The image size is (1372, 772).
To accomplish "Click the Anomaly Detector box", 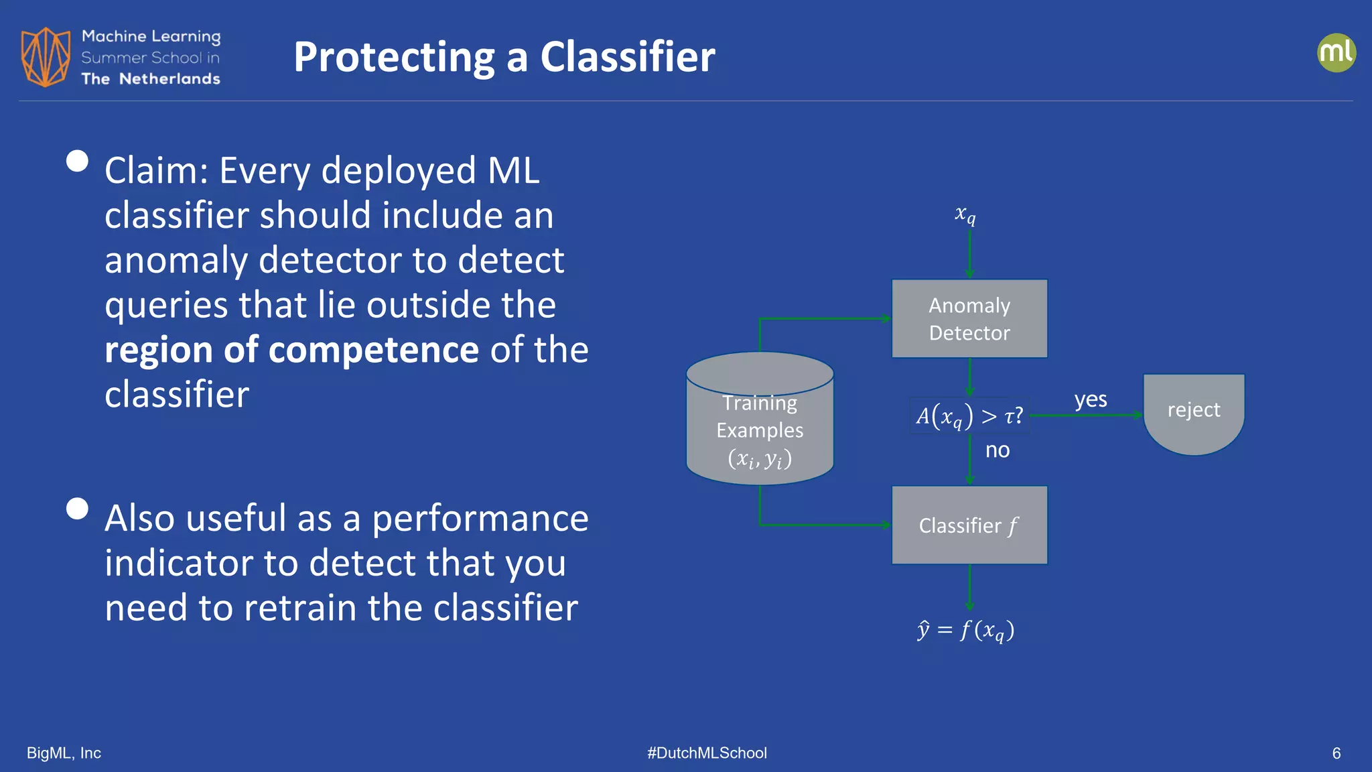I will pyautogui.click(x=969, y=319).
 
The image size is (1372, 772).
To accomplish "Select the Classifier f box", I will pyautogui.click(x=969, y=525).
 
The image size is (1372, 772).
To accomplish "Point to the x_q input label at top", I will pyautogui.click(x=965, y=214).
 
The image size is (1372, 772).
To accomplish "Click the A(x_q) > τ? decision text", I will pyautogui.click(x=969, y=416).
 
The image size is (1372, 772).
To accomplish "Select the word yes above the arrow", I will pyautogui.click(x=1091, y=399).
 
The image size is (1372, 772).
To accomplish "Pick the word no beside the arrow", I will pyautogui.click(x=998, y=450).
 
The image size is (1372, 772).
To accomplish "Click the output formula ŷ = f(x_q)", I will pyautogui.click(x=966, y=630).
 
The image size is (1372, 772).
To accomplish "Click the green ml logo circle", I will pyautogui.click(x=1336, y=53).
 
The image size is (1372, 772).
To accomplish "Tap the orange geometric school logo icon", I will pyautogui.click(x=46, y=57).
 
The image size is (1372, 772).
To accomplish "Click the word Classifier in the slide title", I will pyautogui.click(x=628, y=56).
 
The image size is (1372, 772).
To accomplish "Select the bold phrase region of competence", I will pyautogui.click(x=291, y=350).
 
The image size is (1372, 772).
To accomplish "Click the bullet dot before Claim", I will pyautogui.click(x=78, y=161).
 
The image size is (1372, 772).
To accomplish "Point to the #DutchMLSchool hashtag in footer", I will pyautogui.click(x=707, y=753).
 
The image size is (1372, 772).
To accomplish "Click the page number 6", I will pyautogui.click(x=1336, y=753).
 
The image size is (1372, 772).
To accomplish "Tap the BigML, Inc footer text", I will pyautogui.click(x=64, y=753).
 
